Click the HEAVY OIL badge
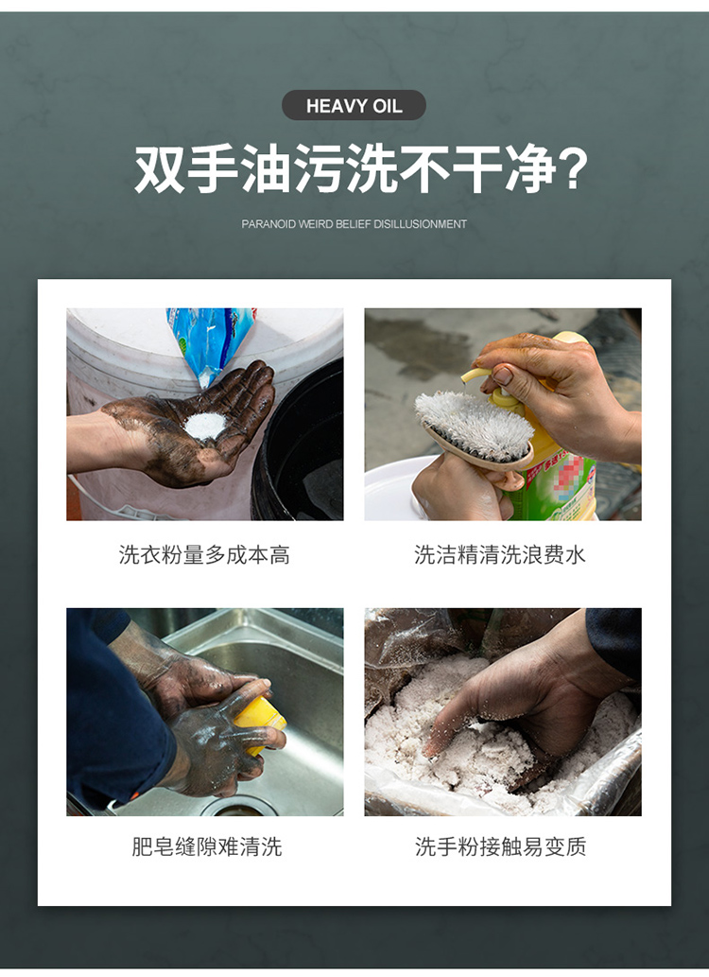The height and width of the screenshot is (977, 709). [354, 105]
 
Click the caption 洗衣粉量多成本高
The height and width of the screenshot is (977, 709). [204, 554]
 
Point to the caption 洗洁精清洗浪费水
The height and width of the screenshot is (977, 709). [500, 554]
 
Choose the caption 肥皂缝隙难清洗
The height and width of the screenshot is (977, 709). [207, 846]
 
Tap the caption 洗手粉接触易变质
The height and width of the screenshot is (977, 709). [501, 846]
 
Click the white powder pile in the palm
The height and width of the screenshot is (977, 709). [205, 426]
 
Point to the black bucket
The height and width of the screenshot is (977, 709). [299, 448]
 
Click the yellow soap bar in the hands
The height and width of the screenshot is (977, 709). [259, 722]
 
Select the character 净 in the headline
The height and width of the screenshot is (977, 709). [528, 168]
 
